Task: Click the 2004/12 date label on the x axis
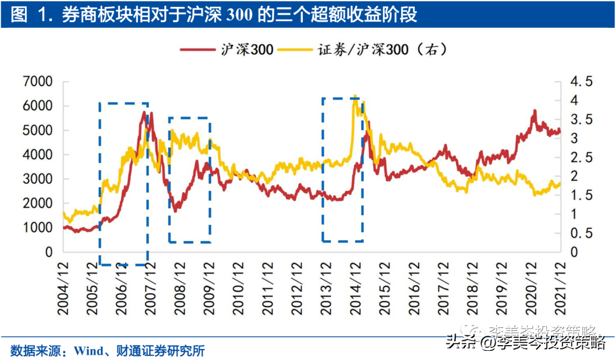64,289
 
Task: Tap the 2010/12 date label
238,289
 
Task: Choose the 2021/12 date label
560,289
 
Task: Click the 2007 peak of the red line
145,112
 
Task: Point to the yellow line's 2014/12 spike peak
355,96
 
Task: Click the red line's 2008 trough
175,211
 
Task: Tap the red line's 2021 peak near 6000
534,111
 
